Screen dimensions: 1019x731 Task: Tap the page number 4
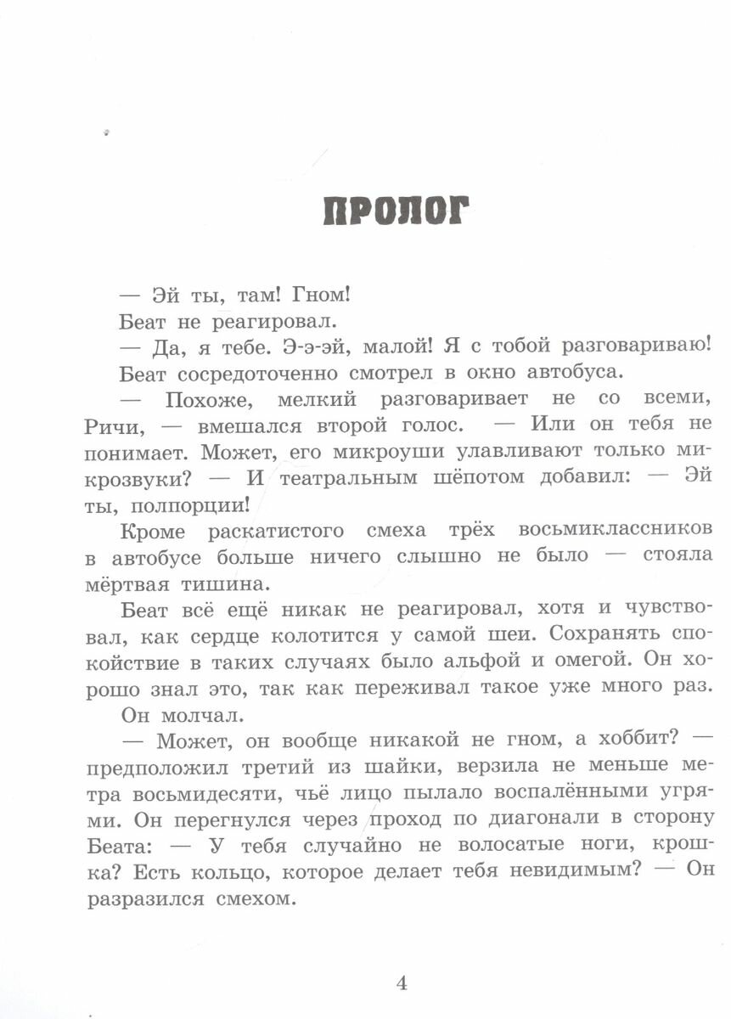point(402,982)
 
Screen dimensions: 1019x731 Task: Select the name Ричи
point(116,424)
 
